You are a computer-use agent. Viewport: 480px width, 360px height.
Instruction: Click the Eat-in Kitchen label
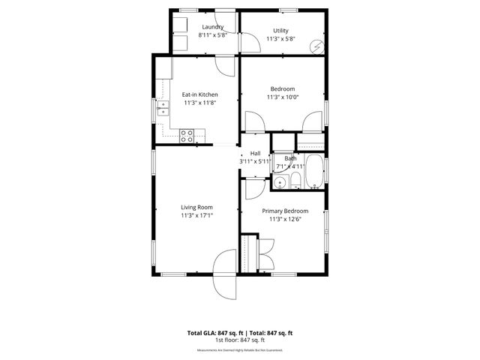click(199, 94)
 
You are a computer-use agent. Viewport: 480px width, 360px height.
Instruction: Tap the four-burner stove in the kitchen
click(187, 135)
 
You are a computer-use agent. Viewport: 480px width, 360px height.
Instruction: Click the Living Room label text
click(196, 207)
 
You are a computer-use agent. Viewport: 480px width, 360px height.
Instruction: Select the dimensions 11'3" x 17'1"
click(196, 215)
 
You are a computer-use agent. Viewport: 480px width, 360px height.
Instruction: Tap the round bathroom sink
click(280, 181)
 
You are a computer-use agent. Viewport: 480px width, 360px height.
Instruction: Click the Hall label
click(255, 153)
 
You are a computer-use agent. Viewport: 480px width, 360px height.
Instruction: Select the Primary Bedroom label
click(285, 211)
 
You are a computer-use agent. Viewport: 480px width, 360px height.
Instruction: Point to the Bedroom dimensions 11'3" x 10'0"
click(282, 97)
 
